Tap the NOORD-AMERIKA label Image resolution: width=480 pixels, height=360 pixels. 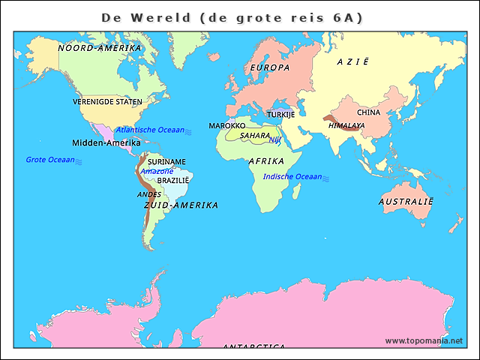tap(100, 48)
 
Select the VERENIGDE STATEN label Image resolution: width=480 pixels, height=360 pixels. tap(107, 101)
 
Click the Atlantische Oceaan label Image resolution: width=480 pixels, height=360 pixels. tap(150, 130)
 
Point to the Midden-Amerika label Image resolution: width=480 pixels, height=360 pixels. tap(106, 142)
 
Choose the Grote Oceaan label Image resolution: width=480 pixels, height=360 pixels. tap(50, 160)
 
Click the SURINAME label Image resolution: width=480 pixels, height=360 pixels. tap(166, 162)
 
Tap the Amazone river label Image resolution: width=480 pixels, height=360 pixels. tap(157, 171)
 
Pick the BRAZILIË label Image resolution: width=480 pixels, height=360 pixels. tap(173, 181)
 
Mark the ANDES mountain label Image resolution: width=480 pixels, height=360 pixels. tap(149, 194)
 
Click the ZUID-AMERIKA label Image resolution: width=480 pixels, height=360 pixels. tap(181, 205)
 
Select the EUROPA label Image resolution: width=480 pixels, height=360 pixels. tap(269, 68)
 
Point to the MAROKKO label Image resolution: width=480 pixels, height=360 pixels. tap(226, 126)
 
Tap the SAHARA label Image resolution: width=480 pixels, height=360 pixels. tap(255, 136)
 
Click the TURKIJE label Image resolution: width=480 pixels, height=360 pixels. tap(280, 115)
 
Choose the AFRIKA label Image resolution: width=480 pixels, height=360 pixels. tap(266, 161)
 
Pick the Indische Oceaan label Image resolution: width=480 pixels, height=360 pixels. tap(292, 177)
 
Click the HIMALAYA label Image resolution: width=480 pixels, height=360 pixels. tap(346, 126)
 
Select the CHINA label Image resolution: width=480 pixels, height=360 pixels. tap(369, 112)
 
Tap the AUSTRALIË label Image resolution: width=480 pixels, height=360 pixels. tap(406, 202)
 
